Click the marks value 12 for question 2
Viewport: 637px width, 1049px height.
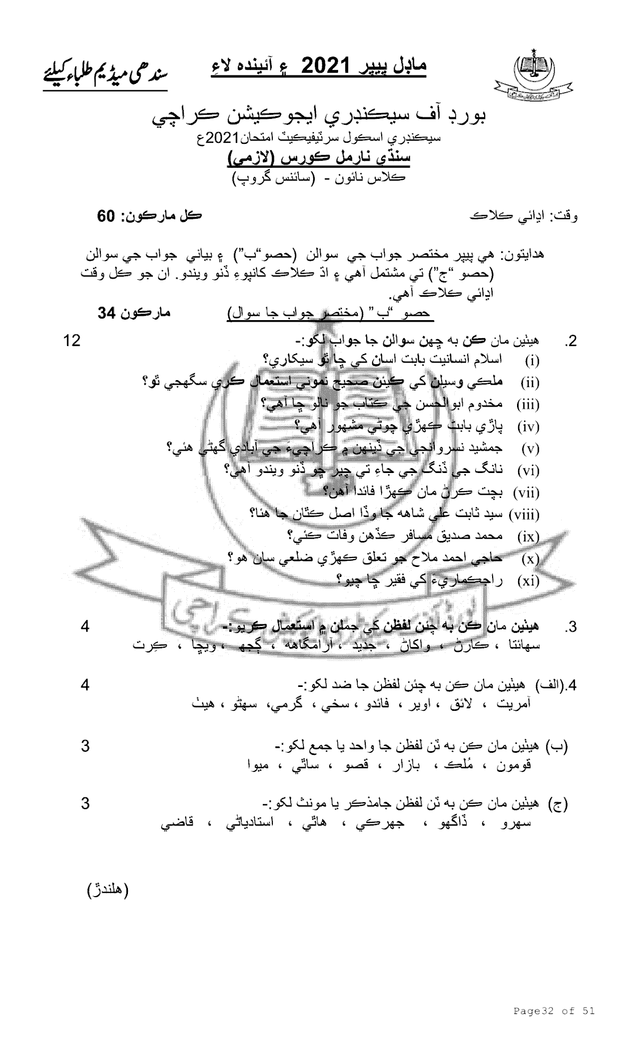tap(72, 340)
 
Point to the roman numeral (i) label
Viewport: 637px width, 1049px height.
tap(532, 362)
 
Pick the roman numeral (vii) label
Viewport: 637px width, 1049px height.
tap(526, 493)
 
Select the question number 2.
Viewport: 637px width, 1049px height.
tap(571, 341)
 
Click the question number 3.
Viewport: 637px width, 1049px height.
tap(571, 627)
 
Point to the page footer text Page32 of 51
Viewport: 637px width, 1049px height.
tap(554, 1011)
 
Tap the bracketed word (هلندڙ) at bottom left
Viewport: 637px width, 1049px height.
tap(108, 890)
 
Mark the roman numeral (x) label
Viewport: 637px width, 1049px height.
tap(530, 559)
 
